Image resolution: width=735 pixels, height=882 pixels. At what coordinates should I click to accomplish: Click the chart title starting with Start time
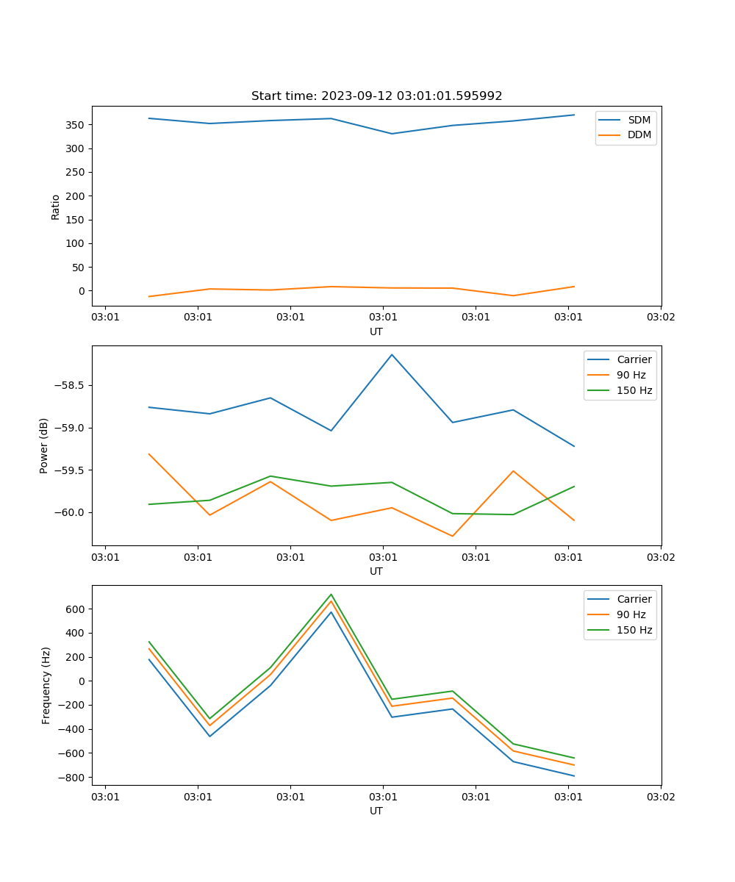tap(376, 96)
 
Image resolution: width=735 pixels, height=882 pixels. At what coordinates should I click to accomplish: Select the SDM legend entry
tap(639, 120)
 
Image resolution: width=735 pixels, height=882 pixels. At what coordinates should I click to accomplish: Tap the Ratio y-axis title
tap(56, 207)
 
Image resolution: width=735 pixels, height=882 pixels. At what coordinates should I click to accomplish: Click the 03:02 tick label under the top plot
tap(660, 318)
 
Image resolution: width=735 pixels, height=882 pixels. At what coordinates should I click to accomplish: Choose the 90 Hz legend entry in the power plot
tap(631, 375)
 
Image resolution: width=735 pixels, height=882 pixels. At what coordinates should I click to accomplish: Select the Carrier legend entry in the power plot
tap(634, 359)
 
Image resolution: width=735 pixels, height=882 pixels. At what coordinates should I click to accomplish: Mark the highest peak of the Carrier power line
tap(392, 354)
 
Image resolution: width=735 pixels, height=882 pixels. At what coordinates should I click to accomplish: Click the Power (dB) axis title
tap(45, 445)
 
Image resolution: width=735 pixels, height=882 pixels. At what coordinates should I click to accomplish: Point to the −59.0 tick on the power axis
tap(69, 428)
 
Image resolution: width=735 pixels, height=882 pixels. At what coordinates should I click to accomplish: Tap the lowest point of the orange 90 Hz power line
tap(453, 536)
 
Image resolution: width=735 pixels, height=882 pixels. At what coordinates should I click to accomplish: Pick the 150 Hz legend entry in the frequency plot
tap(634, 630)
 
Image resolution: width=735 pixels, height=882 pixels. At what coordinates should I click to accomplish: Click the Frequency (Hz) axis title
tap(46, 685)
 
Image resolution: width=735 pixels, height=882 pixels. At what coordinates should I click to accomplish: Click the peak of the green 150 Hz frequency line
tap(331, 594)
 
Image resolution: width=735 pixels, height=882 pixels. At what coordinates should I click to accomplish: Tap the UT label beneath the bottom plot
tap(376, 811)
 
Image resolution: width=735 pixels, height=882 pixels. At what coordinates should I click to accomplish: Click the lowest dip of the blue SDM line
tap(392, 134)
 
